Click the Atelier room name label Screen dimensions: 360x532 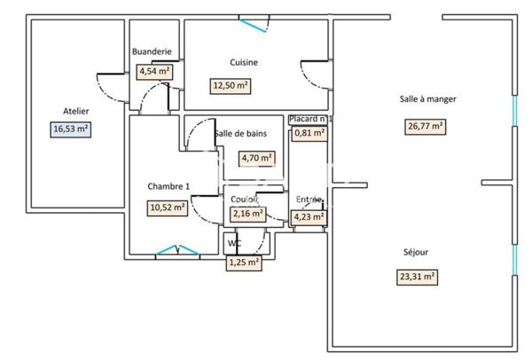pos(75,111)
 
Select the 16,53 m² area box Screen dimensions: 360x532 pos(72,129)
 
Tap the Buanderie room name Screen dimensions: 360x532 pos(152,51)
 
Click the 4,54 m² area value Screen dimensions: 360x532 pos(154,72)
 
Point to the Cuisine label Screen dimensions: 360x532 pos(244,62)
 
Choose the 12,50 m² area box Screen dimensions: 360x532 pos(230,86)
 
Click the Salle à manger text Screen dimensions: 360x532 pos(428,99)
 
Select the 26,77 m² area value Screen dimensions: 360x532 pos(426,126)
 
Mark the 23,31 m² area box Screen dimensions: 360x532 pos(417,276)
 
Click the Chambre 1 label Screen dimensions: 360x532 pos(168,186)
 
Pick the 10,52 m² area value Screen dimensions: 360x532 pos(167,208)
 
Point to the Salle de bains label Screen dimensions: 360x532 pos(240,134)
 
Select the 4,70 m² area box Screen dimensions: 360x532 pos(257,159)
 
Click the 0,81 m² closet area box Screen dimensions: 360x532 pos(309,134)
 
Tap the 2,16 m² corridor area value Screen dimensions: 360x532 pos(247,214)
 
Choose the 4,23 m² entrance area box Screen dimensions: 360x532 pos(309,215)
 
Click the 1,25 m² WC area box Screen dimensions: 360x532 pos(244,262)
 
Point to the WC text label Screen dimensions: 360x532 pos(234,243)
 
